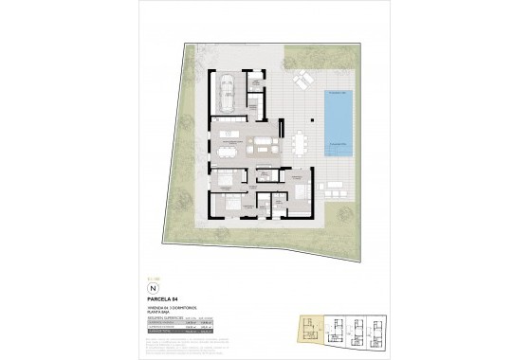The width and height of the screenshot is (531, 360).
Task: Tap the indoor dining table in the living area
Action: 229,147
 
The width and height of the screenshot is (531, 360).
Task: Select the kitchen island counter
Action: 232,130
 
